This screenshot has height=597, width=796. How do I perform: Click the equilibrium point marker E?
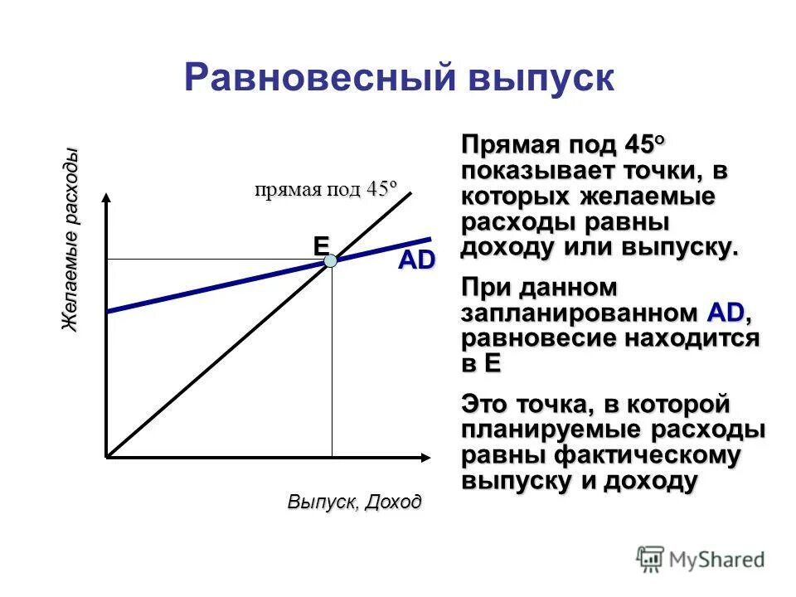coord(331,260)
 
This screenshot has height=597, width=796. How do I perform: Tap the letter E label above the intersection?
coord(320,245)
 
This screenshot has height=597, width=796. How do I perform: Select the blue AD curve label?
coord(416,260)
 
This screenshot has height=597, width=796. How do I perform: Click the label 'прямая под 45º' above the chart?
coord(326,189)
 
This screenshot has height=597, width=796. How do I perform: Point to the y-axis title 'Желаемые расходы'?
coord(70,240)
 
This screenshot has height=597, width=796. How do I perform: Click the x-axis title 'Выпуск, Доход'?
coord(354,502)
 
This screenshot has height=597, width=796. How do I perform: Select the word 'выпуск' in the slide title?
coord(542,77)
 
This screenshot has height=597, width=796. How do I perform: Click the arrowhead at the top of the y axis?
coord(107,198)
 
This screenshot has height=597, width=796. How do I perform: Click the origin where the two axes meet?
coord(107,457)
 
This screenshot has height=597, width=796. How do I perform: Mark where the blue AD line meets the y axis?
coord(108,311)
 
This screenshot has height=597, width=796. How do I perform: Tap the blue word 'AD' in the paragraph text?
coord(726,313)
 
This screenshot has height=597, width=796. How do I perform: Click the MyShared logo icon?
coord(652,559)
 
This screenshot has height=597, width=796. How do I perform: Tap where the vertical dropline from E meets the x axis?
coord(332,457)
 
